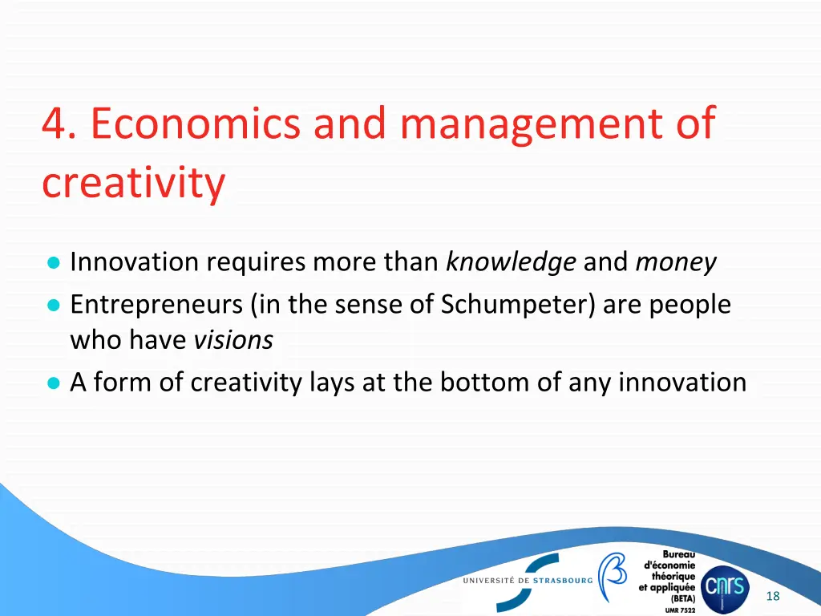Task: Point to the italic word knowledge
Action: coord(511,262)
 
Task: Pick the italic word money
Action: coord(676,262)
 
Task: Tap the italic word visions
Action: coord(233,341)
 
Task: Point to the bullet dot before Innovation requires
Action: coord(53,263)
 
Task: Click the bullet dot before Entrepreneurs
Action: coord(53,306)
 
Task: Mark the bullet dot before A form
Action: coord(53,383)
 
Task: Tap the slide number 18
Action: coord(773,595)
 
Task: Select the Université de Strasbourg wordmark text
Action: coord(527,580)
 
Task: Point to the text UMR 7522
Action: coord(680,610)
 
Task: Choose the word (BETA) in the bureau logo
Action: coord(683,598)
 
